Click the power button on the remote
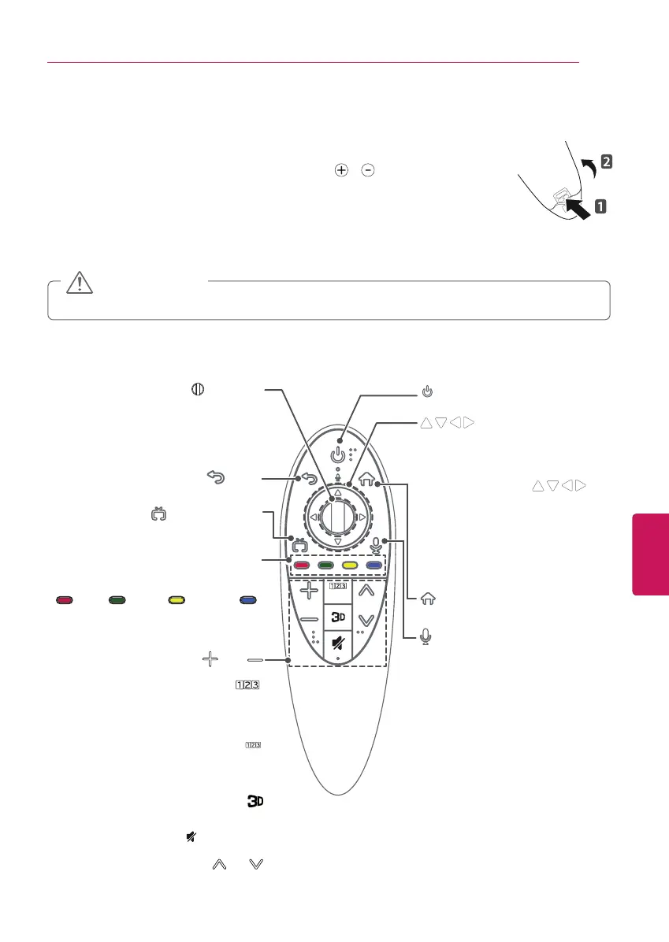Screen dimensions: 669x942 tap(340, 455)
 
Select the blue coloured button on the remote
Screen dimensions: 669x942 tap(374, 565)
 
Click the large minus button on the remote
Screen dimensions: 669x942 tap(307, 620)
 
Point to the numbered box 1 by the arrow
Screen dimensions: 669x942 tap(600, 207)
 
